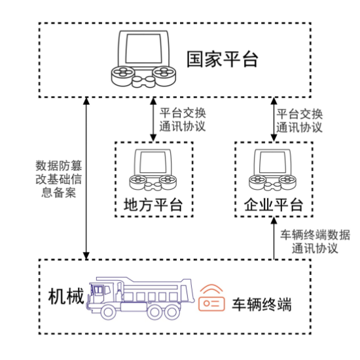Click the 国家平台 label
223,59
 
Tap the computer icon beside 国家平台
143,59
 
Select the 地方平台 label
153,205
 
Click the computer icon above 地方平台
153,170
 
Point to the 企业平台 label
274,205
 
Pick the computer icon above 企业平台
273,170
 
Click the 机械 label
66,297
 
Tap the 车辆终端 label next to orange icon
262,304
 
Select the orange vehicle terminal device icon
211,298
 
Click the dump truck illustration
140,298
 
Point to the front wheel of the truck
109,312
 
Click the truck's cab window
98,289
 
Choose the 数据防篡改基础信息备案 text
59,179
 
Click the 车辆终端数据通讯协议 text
315,242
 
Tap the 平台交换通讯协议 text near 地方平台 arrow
183,120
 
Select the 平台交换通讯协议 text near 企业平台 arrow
299,120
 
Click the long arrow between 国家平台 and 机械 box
86,178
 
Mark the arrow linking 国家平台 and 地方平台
153,119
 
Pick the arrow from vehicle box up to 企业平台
274,238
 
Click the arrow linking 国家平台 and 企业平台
274,119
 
